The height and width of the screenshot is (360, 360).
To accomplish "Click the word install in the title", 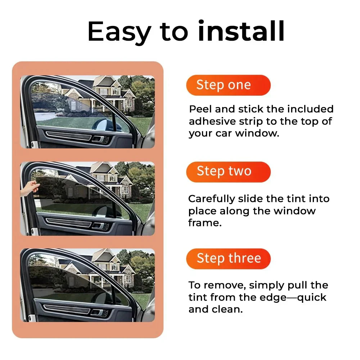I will coord(241,32).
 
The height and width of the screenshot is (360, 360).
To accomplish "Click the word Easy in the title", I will coord(119,32).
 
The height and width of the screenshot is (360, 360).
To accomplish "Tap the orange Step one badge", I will coord(228,85).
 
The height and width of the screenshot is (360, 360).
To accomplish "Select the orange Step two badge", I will coord(228,172).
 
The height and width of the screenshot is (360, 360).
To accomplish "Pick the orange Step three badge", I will coord(228,258).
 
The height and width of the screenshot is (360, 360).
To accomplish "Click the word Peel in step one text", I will coord(201,109).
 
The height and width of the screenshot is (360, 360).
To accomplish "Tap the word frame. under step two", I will coord(204,223).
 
